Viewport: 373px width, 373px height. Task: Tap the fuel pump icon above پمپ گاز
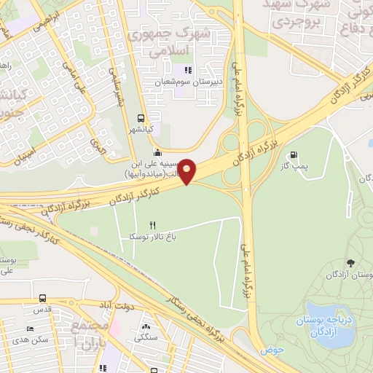[294, 154]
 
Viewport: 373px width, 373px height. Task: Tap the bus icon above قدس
[43, 298]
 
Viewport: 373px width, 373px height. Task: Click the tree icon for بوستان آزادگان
[352, 263]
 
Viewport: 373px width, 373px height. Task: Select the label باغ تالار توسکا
[153, 237]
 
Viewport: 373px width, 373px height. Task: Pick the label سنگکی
[147, 338]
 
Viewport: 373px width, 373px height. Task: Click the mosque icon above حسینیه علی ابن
[158, 152]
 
